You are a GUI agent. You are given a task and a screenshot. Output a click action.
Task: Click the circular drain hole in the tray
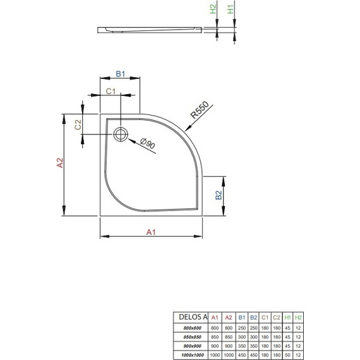[121, 134]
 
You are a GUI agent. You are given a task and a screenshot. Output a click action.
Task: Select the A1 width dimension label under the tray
[152, 232]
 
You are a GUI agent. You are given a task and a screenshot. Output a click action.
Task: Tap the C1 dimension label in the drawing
[110, 92]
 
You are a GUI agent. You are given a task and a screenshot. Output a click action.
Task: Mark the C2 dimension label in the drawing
[79, 124]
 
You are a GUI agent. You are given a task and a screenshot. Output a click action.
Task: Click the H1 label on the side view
[231, 10]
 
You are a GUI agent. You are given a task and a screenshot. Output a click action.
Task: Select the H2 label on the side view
[213, 10]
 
